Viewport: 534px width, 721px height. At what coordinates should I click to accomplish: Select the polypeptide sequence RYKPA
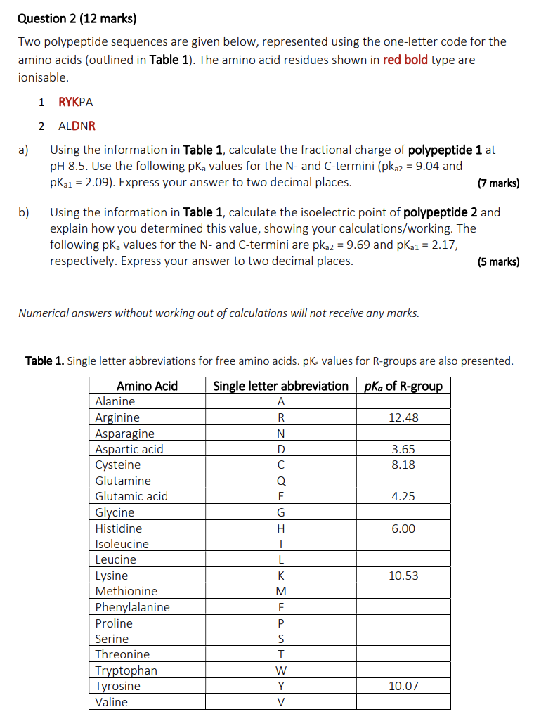pyautogui.click(x=76, y=102)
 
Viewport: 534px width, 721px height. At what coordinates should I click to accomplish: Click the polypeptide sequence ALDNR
pyautogui.click(x=77, y=126)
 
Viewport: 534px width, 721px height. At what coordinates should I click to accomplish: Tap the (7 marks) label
pyautogui.click(x=498, y=183)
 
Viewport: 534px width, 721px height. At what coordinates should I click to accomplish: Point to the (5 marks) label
pyautogui.click(x=498, y=261)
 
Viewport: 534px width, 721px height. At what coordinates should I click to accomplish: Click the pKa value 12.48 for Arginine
pyautogui.click(x=403, y=417)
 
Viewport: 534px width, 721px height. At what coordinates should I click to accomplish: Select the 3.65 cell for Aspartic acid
pyautogui.click(x=403, y=449)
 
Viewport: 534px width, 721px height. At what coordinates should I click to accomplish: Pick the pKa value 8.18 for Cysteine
pyautogui.click(x=403, y=465)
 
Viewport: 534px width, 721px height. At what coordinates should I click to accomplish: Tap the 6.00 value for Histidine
pyautogui.click(x=403, y=528)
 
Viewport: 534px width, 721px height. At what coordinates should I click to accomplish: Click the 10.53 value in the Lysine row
pyautogui.click(x=403, y=576)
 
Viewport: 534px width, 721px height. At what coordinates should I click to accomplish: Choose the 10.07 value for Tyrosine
pyautogui.click(x=403, y=686)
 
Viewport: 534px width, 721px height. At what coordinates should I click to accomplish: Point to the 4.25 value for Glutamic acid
pyautogui.click(x=403, y=496)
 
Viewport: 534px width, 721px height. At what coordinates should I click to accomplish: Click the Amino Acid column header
pyautogui.click(x=147, y=386)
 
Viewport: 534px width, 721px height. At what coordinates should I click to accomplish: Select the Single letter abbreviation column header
pyautogui.click(x=280, y=386)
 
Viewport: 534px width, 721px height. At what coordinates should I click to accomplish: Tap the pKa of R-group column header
pyautogui.click(x=403, y=386)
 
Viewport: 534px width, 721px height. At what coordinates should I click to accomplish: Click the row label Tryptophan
pyautogui.click(x=126, y=670)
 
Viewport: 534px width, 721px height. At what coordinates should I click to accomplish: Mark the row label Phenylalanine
pyautogui.click(x=133, y=607)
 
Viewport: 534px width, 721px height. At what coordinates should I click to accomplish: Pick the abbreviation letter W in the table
pyautogui.click(x=281, y=670)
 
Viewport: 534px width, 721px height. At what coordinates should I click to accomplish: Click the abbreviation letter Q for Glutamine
pyautogui.click(x=281, y=481)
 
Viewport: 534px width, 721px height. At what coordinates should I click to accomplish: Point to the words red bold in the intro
pyautogui.click(x=405, y=60)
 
